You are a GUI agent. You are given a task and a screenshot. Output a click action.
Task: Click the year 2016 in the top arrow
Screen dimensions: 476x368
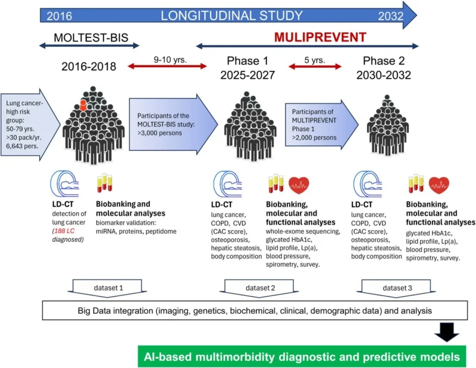point(59,16)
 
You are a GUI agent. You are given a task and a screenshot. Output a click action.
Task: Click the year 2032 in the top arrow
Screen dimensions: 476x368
point(391,16)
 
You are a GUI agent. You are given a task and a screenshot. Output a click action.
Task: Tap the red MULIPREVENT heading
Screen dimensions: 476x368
point(320,37)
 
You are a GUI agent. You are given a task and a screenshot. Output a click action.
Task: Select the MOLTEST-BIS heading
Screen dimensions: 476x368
point(91,37)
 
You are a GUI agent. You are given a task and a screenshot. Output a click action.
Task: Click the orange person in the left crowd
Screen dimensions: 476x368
point(83,106)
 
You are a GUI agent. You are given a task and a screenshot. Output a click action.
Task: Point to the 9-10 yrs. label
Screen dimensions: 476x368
point(170,60)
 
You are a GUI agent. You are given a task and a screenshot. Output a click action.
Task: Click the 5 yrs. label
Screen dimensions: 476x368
point(315,60)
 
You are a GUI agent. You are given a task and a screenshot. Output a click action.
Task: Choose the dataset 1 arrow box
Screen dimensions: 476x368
point(107,288)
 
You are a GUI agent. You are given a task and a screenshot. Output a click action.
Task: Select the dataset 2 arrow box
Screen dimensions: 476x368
point(259,288)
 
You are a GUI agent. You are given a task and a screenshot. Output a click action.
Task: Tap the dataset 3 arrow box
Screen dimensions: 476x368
point(396,288)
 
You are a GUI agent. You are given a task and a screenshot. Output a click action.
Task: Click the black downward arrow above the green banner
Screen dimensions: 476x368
point(447,332)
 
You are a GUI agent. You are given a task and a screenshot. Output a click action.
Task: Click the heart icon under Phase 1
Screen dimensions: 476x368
point(299,185)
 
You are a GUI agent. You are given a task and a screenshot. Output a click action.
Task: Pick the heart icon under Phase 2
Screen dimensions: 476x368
point(439,185)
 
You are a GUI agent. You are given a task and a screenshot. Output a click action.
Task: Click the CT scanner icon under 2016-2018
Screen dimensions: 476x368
point(64,184)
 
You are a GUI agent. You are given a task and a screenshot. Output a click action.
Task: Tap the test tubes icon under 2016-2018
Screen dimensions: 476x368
point(105,183)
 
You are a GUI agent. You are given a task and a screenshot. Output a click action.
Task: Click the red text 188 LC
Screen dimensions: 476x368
point(64,231)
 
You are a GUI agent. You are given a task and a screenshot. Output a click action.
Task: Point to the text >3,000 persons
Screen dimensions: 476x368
point(159,133)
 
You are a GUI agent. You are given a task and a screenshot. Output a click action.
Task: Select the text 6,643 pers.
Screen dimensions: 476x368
point(22,146)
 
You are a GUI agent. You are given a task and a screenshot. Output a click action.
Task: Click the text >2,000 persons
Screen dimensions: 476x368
point(314,137)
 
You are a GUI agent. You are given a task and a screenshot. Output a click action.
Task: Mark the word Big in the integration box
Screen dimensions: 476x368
point(84,311)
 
